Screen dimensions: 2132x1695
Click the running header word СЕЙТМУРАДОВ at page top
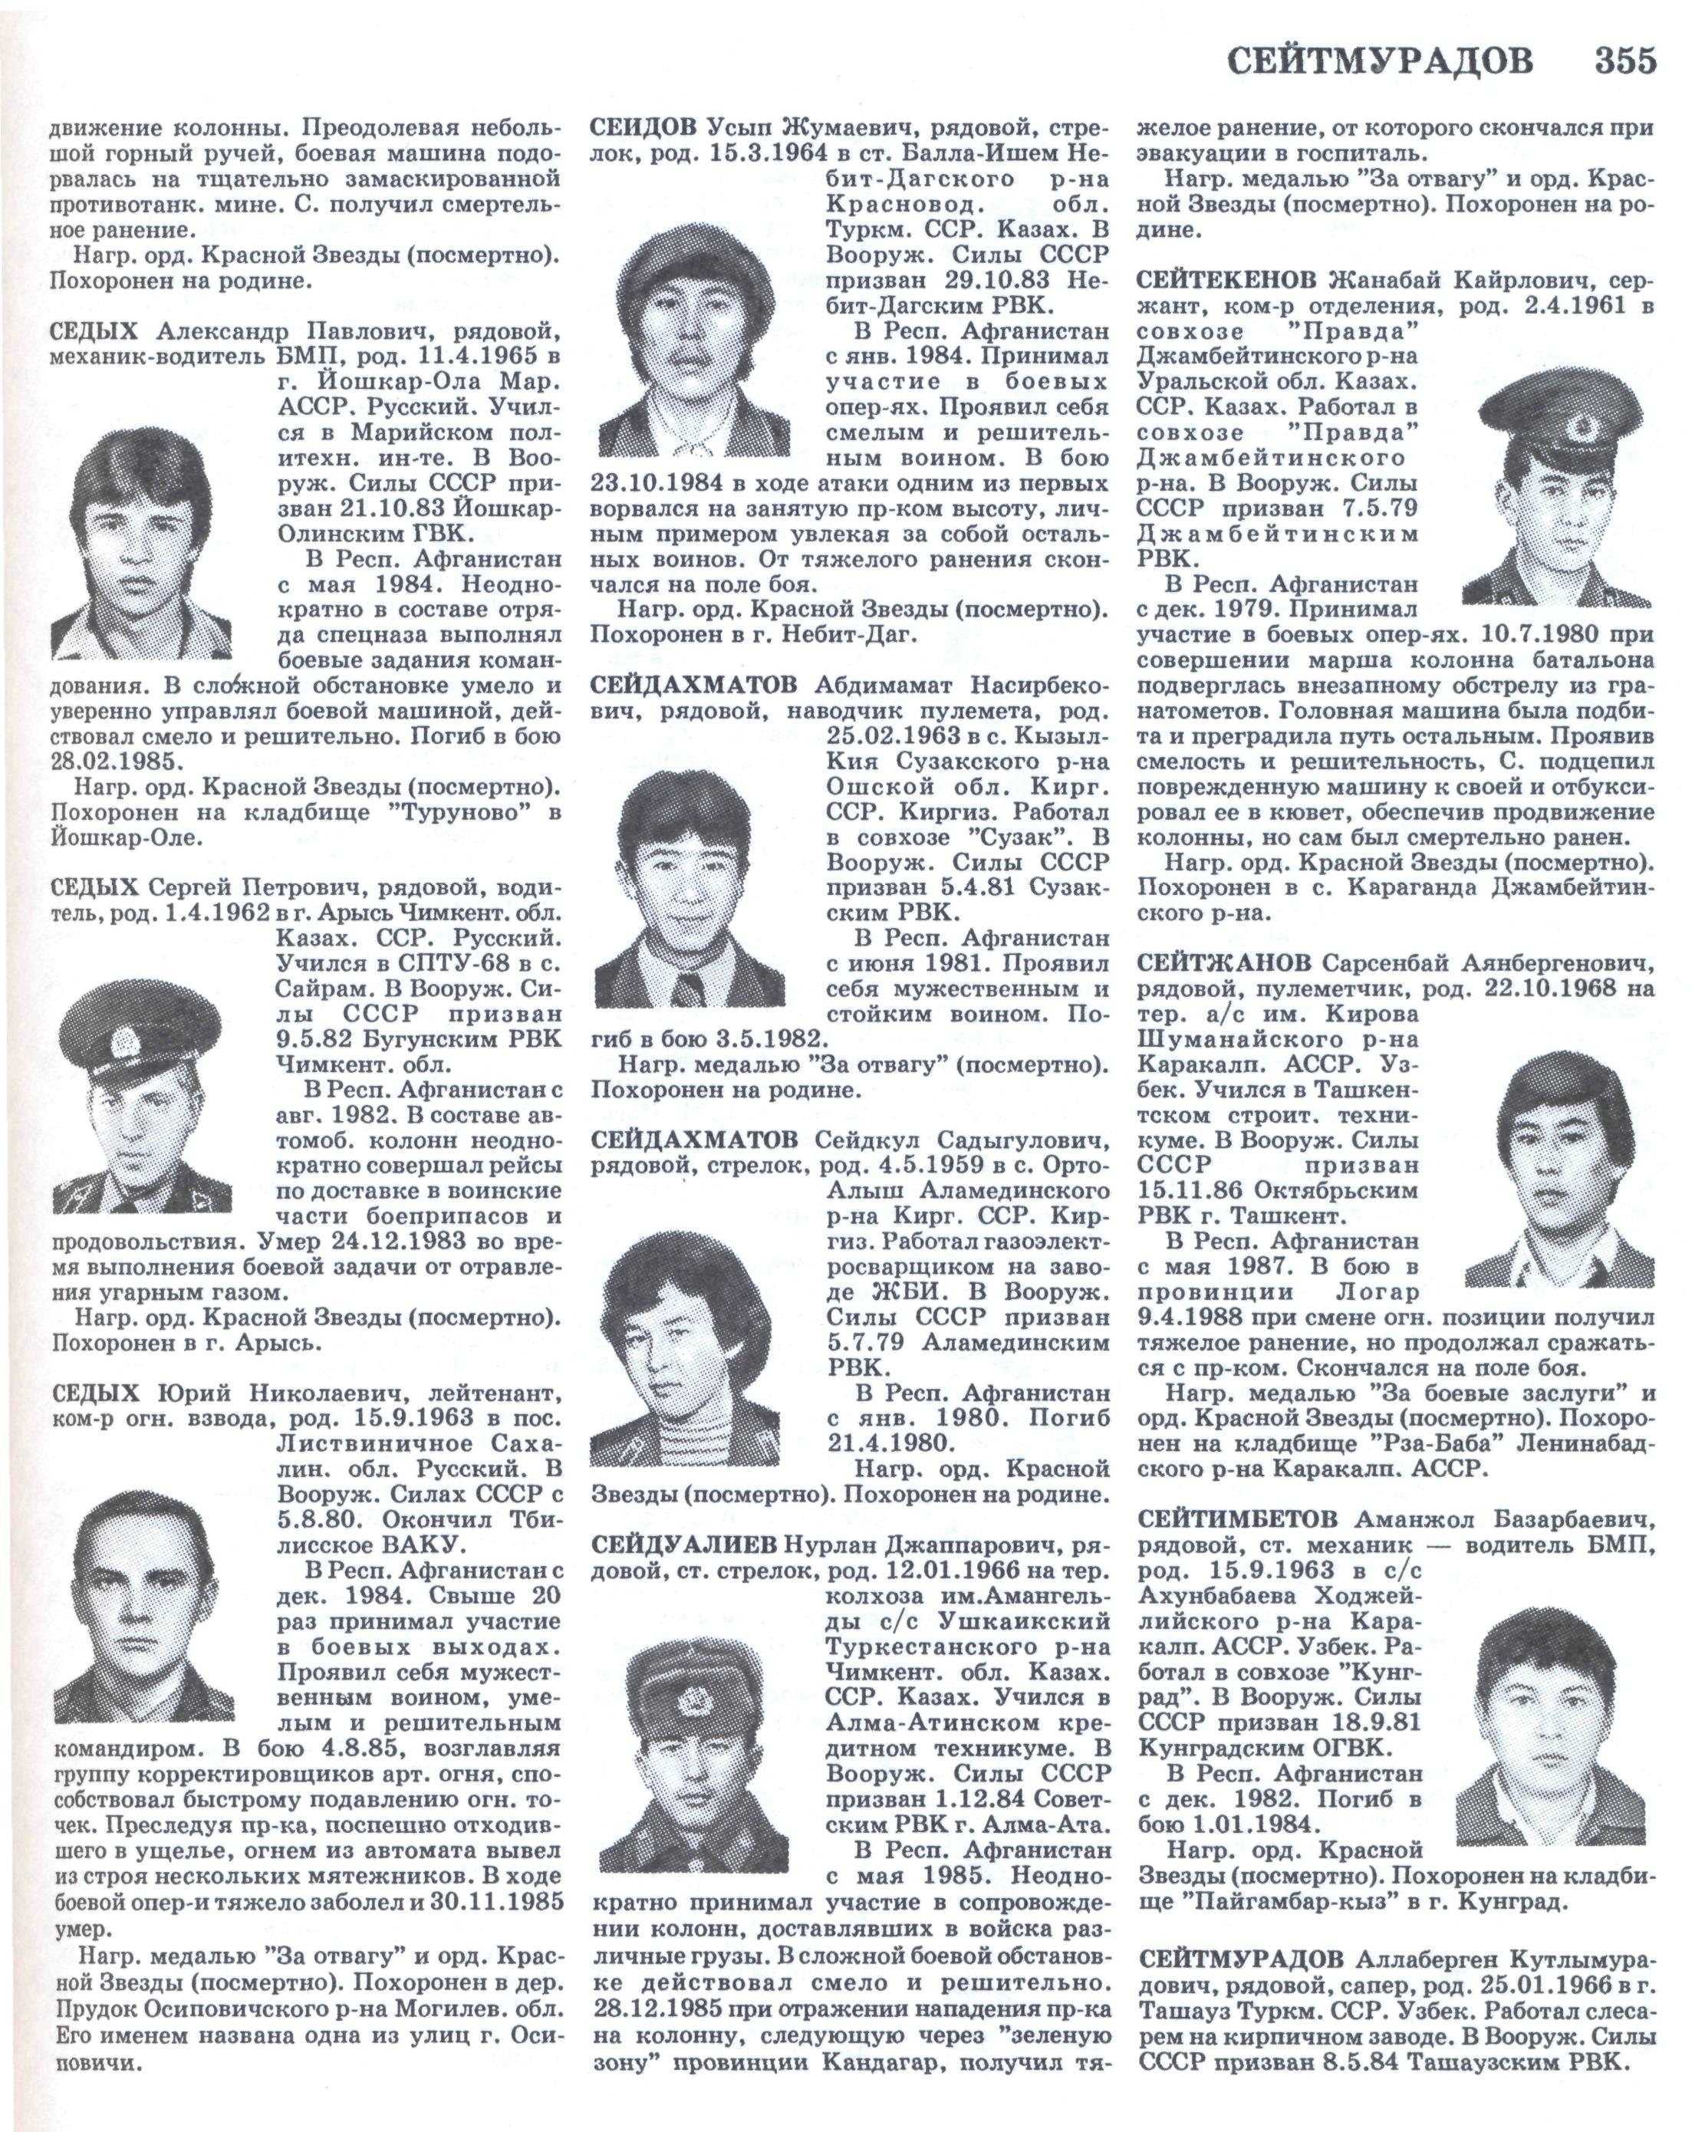click(x=1381, y=61)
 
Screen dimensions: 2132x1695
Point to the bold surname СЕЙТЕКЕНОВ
click(x=1226, y=281)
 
